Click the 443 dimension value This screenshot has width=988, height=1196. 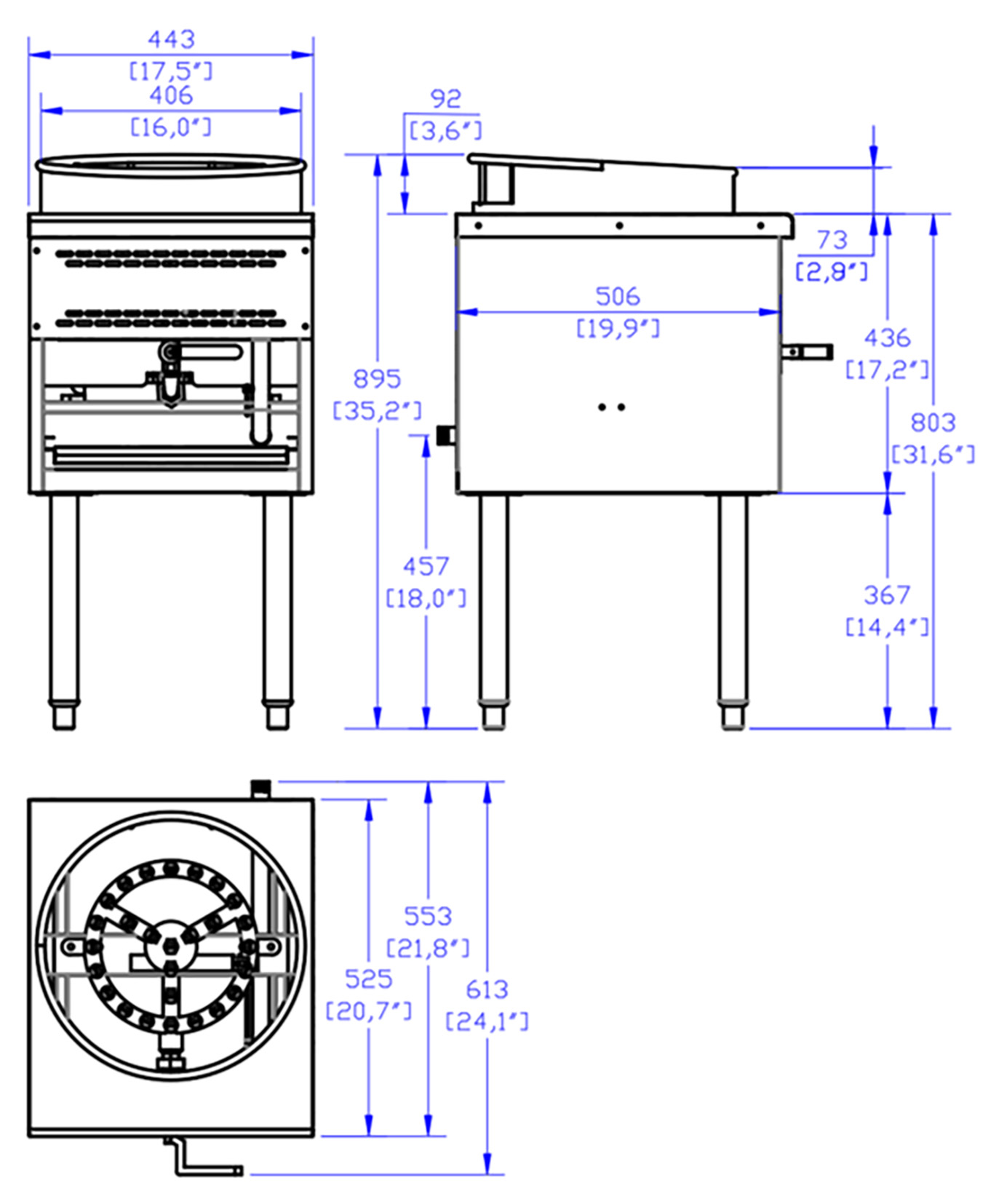pos(171,39)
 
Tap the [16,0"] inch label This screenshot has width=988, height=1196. pos(171,127)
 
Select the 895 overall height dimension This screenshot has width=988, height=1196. pos(377,379)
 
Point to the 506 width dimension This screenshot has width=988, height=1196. pos(618,297)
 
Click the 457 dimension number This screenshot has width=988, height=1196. pos(426,567)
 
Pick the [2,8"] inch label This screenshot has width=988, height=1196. pos(832,272)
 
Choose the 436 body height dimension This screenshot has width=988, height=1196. pos(887,338)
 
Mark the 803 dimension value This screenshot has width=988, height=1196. pos(933,423)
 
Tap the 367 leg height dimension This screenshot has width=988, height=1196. pos(887,596)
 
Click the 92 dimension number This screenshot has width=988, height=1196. pos(445,99)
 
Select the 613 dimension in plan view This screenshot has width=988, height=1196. pos(487,990)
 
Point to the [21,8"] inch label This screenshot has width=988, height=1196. pos(428,949)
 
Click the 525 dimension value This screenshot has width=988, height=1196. pos(368,979)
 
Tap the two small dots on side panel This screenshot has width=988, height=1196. pos(611,407)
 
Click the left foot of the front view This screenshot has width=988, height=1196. pos(64,717)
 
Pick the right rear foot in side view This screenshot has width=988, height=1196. pos(733,717)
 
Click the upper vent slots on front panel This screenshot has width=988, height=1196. pos(171,258)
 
